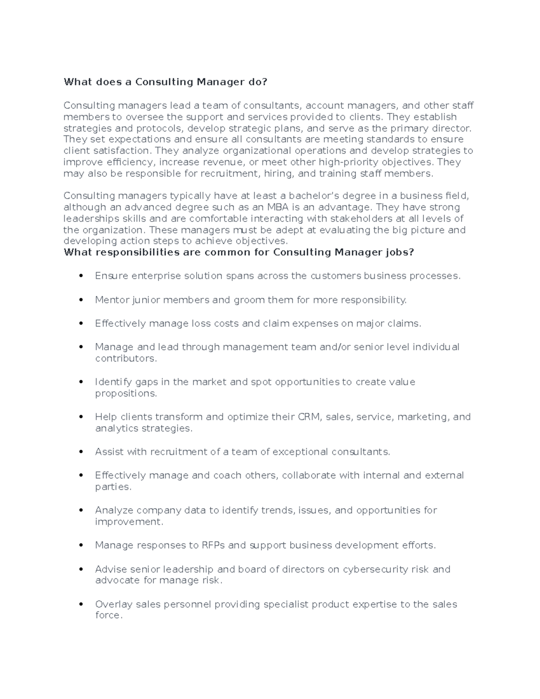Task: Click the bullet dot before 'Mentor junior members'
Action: coord(81,300)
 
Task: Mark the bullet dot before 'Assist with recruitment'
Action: coord(81,452)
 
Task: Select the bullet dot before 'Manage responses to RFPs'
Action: coord(81,546)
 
